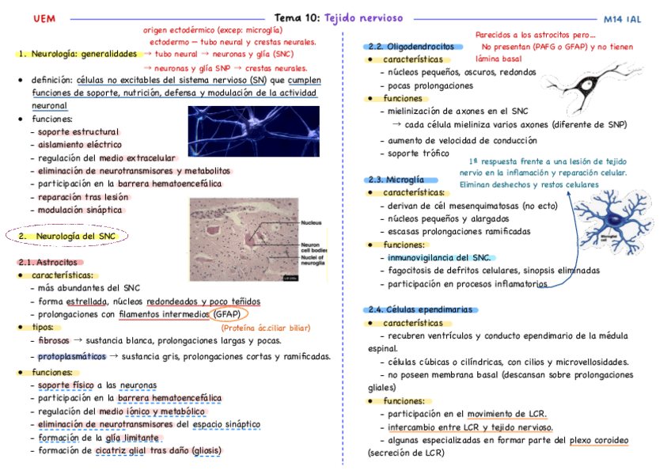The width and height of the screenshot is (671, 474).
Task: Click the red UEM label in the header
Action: coord(34,17)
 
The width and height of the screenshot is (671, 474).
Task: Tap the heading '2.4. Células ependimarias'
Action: coord(420,309)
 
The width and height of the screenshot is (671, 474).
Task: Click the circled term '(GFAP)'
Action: coord(229,314)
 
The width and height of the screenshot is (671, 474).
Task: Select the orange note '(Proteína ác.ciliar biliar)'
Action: coord(266,328)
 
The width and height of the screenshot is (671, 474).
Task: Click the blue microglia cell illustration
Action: coord(609,218)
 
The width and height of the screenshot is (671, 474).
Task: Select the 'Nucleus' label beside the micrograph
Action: coord(311,223)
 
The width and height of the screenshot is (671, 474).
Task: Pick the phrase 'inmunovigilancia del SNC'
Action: coord(438,257)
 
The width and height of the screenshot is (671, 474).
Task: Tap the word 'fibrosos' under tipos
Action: coord(53,340)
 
